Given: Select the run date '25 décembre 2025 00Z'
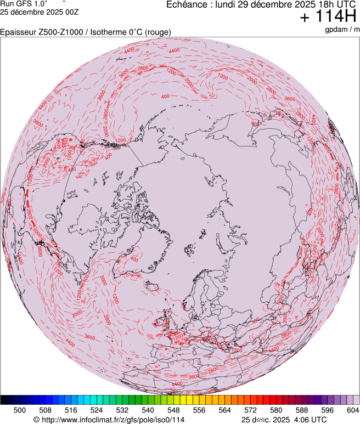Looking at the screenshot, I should point(40,11).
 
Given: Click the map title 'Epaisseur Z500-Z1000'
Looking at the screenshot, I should point(41,32).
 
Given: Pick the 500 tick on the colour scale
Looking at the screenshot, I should point(20,410).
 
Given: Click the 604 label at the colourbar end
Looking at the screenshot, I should point(353,410).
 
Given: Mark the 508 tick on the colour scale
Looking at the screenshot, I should point(46,410).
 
